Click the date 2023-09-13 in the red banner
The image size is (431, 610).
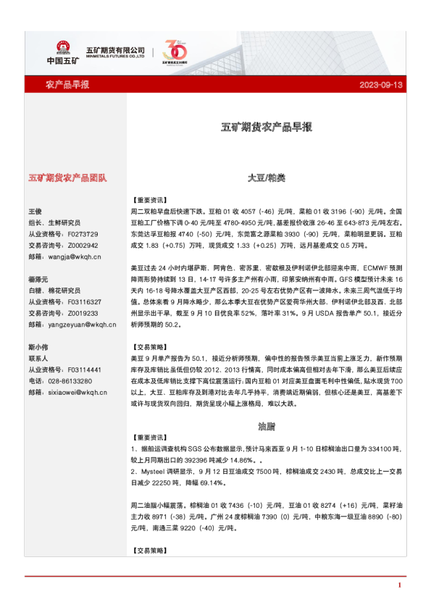(380, 85)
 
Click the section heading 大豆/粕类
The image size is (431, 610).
(266, 177)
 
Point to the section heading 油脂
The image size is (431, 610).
(266, 425)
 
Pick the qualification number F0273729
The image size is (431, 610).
(83, 234)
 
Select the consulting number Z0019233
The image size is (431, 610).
(83, 313)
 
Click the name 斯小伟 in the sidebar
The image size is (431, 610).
(38, 346)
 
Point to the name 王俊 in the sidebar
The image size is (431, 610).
(35, 211)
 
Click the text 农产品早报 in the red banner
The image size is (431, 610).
(67, 85)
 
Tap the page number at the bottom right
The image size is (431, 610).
(399, 585)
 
